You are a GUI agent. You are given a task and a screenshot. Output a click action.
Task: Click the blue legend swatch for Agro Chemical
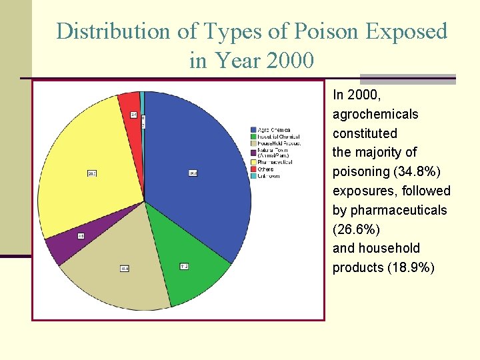pos(253,129)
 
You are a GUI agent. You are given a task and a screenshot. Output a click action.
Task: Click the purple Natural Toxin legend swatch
pos(253,152)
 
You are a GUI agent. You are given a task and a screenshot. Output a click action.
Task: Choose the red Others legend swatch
pos(253,169)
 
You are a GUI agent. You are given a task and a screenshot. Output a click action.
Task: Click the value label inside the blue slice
pos(193,173)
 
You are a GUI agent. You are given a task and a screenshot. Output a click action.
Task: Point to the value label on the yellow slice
pos(92,173)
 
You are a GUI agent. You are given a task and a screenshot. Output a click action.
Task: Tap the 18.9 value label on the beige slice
pos(124,268)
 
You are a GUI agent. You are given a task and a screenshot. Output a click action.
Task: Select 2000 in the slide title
pos(289,61)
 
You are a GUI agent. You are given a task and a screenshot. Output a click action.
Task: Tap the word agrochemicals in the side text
pos(375,114)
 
